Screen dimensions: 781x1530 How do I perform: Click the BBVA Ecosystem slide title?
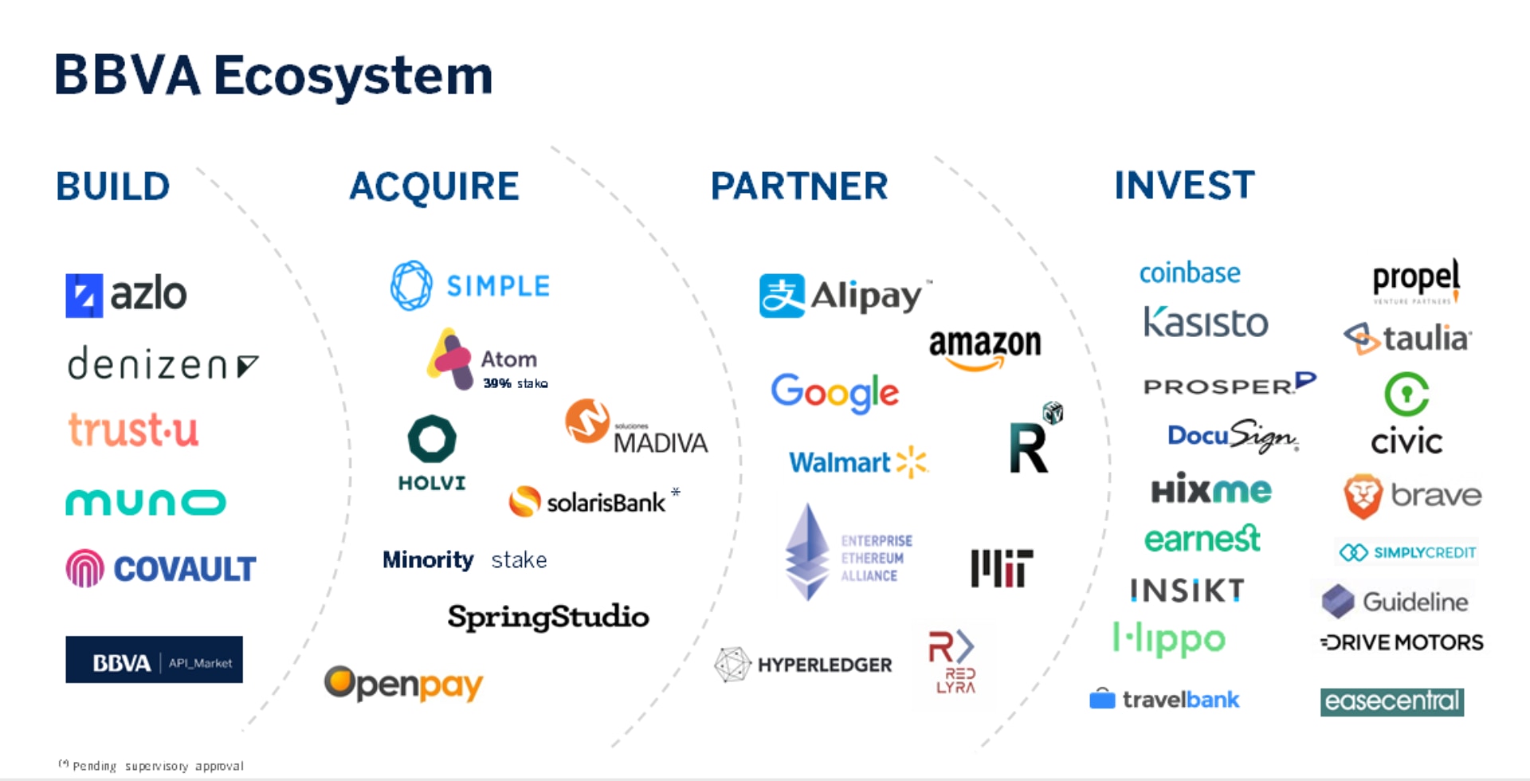[273, 76]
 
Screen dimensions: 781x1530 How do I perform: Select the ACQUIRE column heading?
[434, 186]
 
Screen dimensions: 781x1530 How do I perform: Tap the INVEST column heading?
[1184, 185]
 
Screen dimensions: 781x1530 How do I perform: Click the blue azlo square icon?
[84, 296]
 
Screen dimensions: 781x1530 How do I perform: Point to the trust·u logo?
[133, 430]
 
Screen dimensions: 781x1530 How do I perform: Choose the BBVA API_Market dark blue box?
[154, 660]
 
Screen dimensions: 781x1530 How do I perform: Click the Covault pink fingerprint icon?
[84, 568]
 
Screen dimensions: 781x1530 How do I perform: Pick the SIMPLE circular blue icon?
[411, 285]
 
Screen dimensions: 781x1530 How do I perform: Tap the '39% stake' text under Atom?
[515, 383]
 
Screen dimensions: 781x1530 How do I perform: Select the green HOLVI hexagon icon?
[432, 438]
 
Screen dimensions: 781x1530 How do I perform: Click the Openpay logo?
[403, 684]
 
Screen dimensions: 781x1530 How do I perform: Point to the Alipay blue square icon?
[782, 296]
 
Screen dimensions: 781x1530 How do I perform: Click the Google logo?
[834, 392]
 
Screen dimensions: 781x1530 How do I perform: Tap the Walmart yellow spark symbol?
[912, 461]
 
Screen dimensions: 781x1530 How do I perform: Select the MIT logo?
[1002, 568]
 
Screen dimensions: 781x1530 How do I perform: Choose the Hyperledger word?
[825, 665]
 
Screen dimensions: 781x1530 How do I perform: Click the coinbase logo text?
[1190, 273]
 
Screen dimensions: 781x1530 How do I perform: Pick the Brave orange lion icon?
[1363, 496]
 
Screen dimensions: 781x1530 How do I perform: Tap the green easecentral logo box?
[1391, 701]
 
